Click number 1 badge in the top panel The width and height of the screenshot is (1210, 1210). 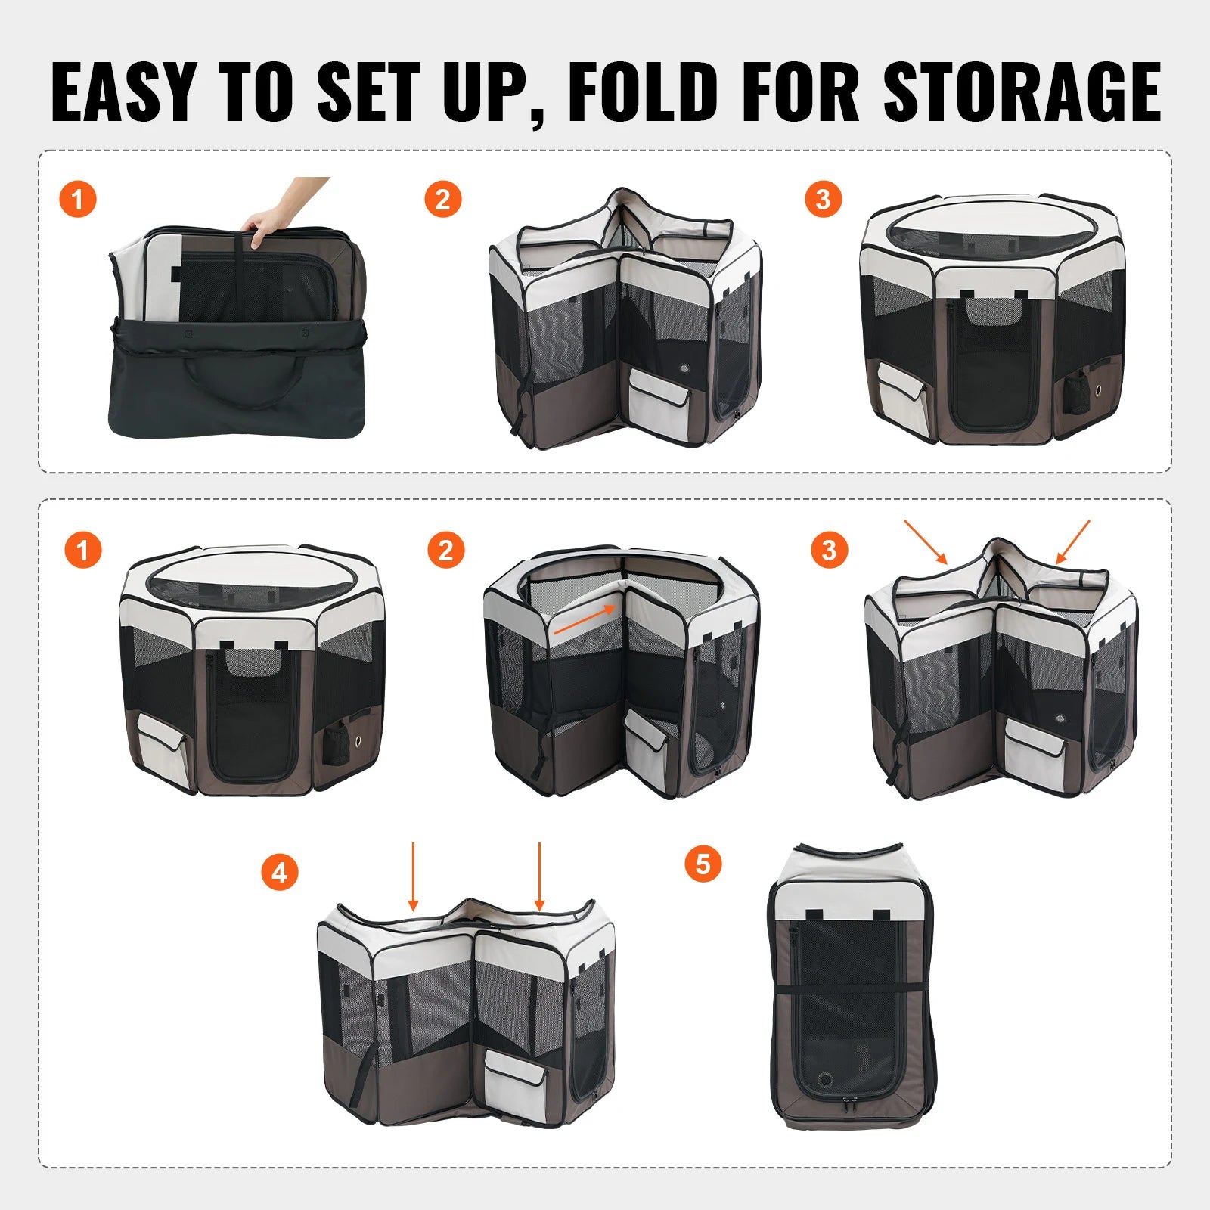point(77,200)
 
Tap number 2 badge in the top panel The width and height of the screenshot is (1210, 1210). point(442,200)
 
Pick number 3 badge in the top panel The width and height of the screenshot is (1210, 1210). point(823,200)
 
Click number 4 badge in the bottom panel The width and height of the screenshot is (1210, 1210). point(279,873)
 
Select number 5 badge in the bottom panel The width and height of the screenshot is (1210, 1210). point(703,864)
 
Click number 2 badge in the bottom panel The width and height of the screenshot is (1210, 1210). point(445,550)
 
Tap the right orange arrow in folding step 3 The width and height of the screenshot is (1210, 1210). point(1072,541)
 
